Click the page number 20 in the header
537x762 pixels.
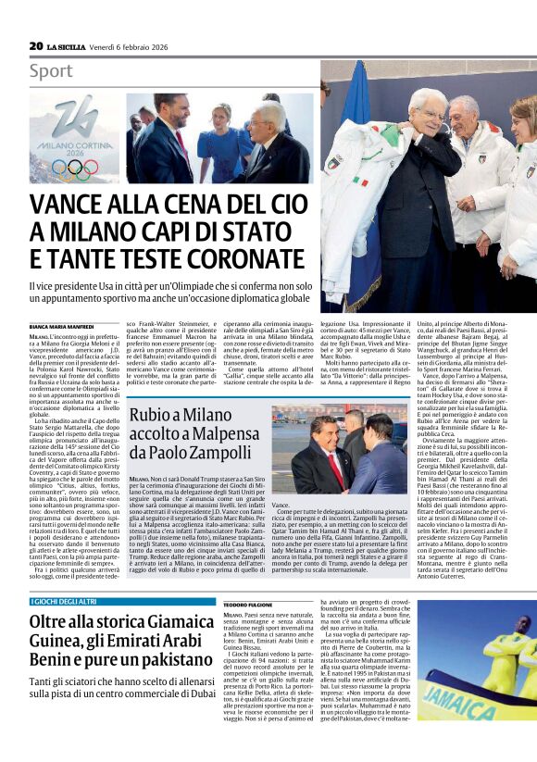[36, 44]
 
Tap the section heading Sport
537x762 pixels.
[50, 71]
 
